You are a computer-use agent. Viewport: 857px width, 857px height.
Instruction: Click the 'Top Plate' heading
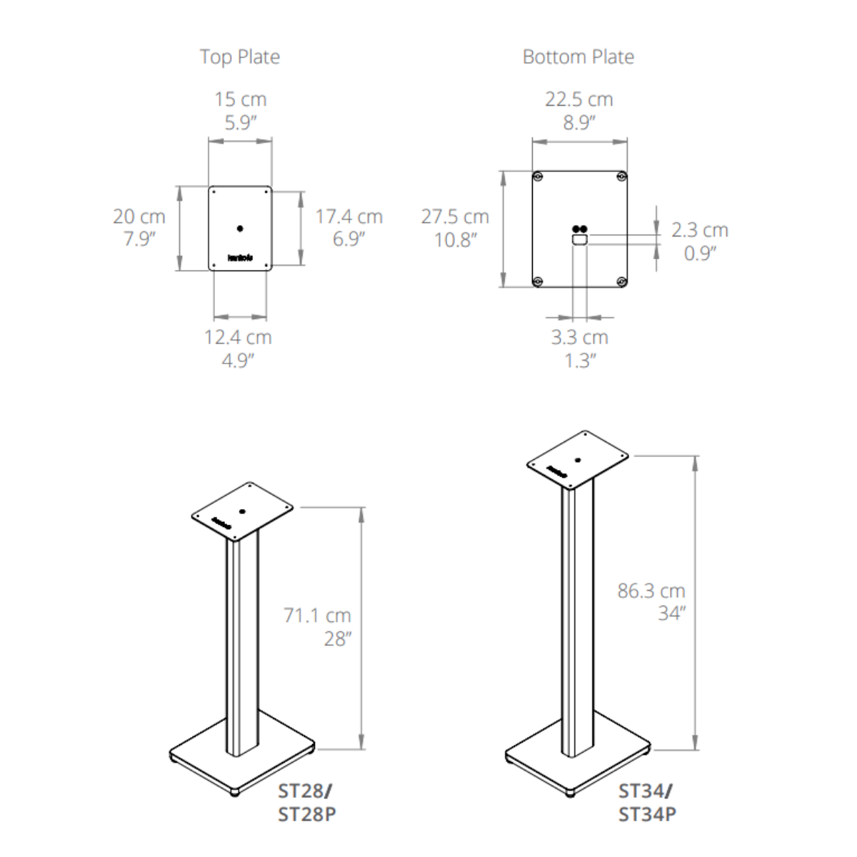(240, 57)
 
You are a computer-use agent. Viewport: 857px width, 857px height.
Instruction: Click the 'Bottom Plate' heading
(578, 57)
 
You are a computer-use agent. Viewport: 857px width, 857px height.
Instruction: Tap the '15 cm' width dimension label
(241, 99)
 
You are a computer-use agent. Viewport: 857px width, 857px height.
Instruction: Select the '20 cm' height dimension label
(139, 216)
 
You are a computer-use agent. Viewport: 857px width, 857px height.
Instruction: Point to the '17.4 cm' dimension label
(349, 216)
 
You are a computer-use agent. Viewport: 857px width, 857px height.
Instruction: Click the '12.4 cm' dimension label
(238, 337)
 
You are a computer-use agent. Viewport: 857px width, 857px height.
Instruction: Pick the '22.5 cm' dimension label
(579, 99)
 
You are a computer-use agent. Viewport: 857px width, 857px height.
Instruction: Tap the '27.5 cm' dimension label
(455, 216)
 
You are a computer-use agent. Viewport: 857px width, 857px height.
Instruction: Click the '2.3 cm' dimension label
(700, 230)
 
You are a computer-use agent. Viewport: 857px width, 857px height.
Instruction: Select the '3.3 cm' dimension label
(579, 337)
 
